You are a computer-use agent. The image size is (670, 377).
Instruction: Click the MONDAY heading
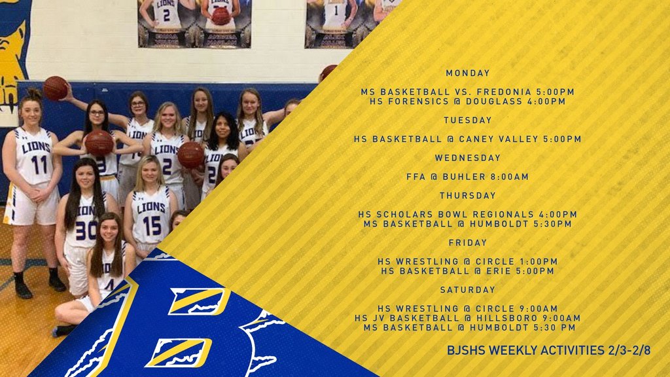(x=467, y=73)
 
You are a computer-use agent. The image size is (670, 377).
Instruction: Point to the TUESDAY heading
(x=467, y=120)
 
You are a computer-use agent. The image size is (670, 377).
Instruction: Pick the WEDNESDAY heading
(x=467, y=158)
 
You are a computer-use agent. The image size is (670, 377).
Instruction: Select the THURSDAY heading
(x=467, y=195)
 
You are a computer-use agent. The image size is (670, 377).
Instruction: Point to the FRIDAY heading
(x=467, y=242)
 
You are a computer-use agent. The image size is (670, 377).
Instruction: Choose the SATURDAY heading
(x=467, y=290)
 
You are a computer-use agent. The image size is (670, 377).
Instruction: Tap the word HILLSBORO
(x=504, y=318)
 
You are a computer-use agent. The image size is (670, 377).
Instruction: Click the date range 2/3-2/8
(x=629, y=351)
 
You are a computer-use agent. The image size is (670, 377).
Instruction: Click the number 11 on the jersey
(x=39, y=165)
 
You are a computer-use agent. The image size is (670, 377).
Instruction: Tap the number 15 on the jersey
(x=152, y=225)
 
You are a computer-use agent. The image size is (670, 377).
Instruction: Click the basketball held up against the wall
(x=56, y=88)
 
